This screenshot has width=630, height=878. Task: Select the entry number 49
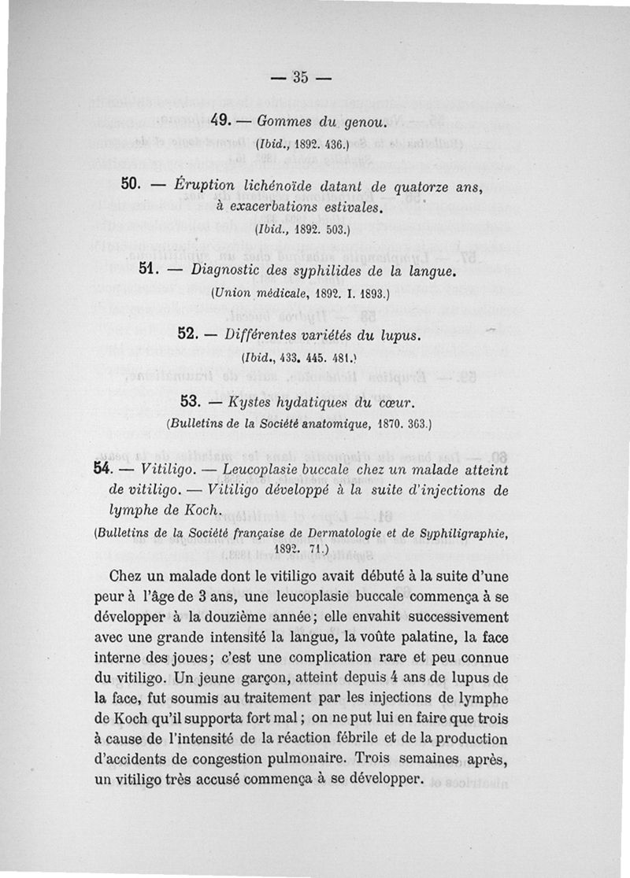tap(220, 121)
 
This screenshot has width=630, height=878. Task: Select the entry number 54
tap(100, 469)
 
